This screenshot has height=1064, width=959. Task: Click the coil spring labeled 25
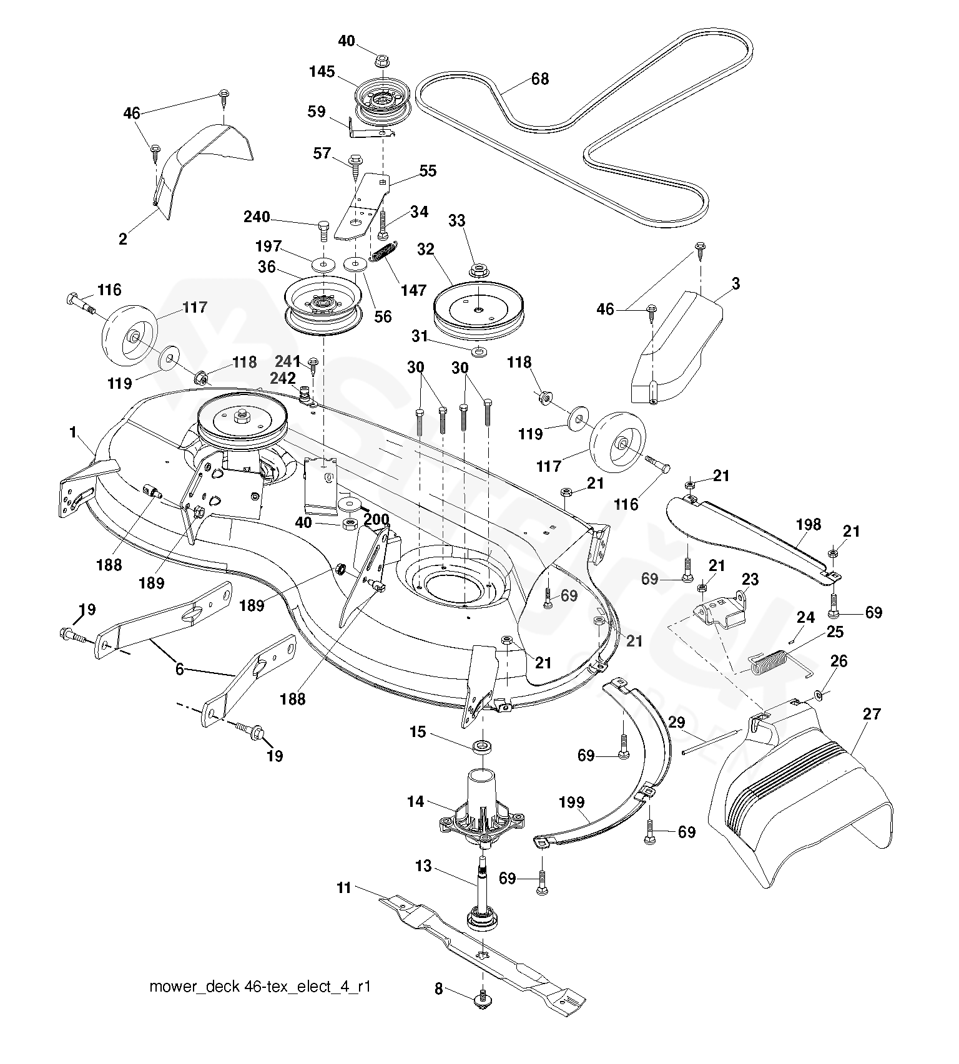click(770, 662)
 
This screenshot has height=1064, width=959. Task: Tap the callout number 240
click(257, 217)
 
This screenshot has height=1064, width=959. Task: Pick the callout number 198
click(809, 525)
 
